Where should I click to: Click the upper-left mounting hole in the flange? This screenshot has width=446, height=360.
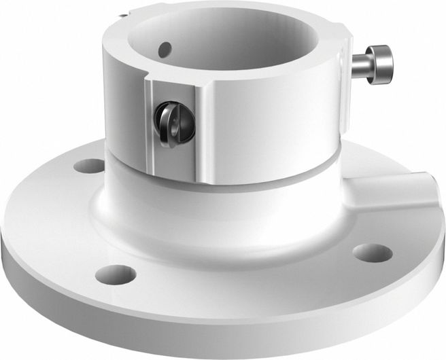(x=89, y=165)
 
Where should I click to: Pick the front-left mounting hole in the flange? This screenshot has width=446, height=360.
(x=116, y=274)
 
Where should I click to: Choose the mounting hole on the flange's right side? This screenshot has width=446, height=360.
(x=372, y=253)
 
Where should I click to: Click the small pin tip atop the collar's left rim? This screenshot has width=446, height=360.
(x=120, y=14)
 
